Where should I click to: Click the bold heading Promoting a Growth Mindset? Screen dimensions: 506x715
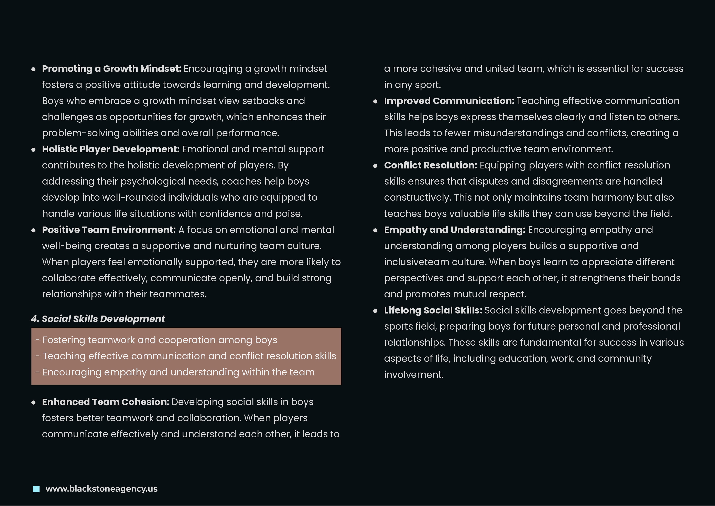click(111, 69)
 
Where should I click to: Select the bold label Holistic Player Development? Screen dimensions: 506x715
click(111, 149)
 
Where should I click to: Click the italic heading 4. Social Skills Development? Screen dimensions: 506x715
click(98, 319)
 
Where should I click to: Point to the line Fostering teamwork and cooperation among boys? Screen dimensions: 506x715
click(156, 340)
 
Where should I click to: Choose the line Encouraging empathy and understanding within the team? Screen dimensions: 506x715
click(175, 372)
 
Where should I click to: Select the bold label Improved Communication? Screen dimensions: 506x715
click(449, 101)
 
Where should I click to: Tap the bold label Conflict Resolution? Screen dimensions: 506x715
click(430, 165)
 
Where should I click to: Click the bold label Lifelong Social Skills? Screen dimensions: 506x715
click(433, 310)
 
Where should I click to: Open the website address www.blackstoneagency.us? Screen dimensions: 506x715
click(101, 489)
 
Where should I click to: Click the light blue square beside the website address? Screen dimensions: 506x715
click(36, 489)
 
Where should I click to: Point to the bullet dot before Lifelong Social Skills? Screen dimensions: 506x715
click(375, 311)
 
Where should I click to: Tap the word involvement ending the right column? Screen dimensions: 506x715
click(413, 375)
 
